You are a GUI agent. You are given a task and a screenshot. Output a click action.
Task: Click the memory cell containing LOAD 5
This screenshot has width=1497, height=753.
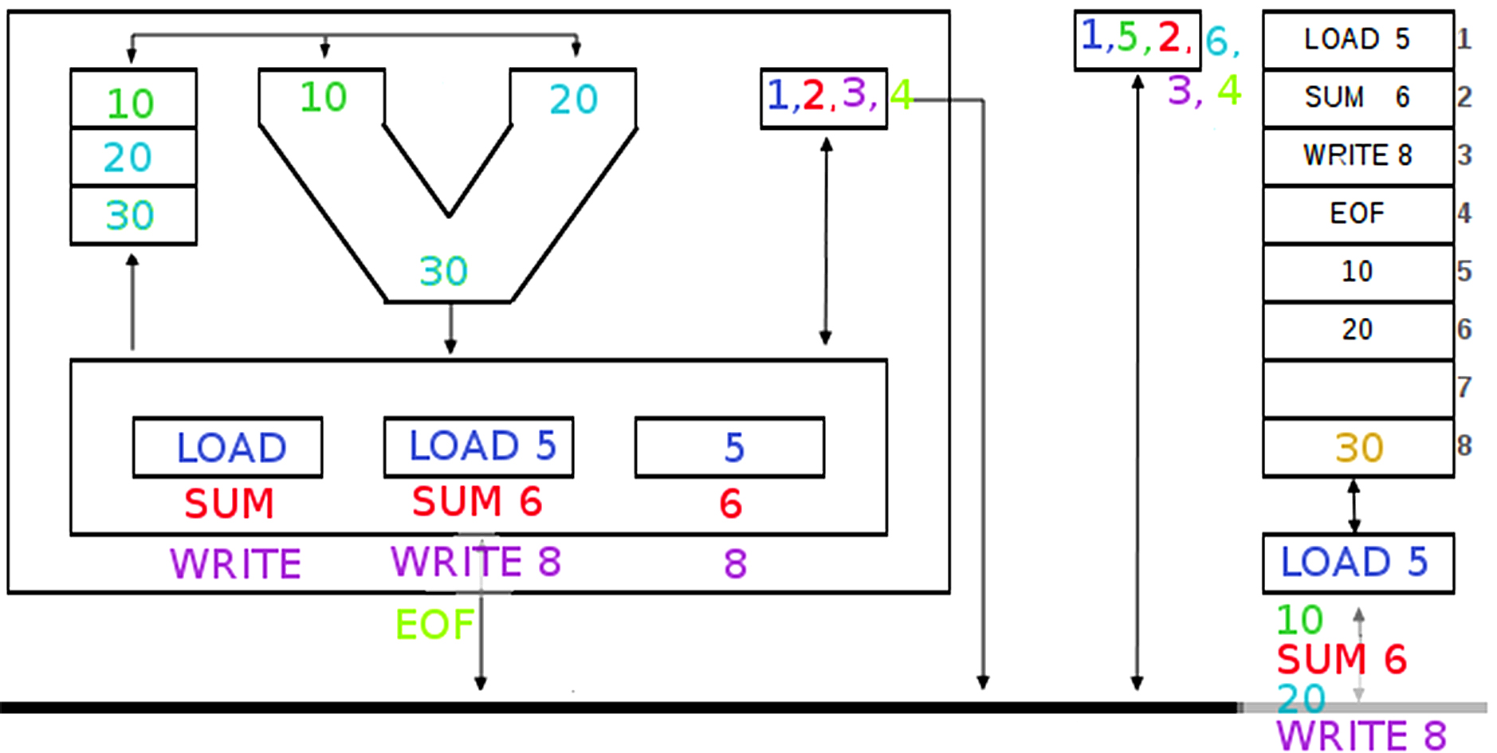point(1357,39)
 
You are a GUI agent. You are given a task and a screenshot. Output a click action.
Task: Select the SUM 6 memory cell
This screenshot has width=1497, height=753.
point(1357,97)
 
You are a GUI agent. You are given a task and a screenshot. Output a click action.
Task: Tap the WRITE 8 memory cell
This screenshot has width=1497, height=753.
point(1357,155)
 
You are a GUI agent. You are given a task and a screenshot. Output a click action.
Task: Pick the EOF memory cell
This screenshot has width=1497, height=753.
point(1357,214)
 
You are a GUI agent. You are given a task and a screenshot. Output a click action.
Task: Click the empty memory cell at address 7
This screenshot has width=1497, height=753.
point(1357,388)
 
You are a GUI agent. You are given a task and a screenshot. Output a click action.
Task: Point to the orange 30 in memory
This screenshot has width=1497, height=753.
point(1358,448)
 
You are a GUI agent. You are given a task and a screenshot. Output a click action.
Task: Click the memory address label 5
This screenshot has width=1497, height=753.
point(1464,272)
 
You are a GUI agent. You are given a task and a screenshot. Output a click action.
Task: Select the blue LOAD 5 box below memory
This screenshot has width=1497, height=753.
point(1357,563)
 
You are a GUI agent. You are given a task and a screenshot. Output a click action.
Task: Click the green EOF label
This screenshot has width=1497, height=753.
point(434,624)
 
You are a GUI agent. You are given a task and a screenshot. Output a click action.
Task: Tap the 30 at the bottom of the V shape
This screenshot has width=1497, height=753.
point(443,271)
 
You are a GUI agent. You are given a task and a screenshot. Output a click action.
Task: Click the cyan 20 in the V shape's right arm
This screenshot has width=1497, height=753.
point(573,100)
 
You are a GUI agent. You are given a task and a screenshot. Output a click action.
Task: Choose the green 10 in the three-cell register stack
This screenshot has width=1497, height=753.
point(131,104)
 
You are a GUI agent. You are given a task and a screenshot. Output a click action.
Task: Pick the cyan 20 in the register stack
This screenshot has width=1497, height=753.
point(128,158)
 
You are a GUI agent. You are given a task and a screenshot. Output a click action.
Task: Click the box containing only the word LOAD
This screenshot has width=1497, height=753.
point(228,448)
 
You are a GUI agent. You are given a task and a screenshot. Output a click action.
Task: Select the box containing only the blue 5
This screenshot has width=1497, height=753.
point(730,448)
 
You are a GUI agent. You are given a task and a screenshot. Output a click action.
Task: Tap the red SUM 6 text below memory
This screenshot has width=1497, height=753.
point(1341,660)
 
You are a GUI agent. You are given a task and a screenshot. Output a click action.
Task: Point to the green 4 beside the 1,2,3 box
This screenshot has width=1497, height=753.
point(901,95)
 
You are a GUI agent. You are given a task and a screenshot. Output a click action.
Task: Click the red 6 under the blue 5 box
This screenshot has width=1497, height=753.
point(731,504)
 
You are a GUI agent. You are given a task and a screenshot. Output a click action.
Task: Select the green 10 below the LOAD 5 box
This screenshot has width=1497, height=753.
point(1299,620)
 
